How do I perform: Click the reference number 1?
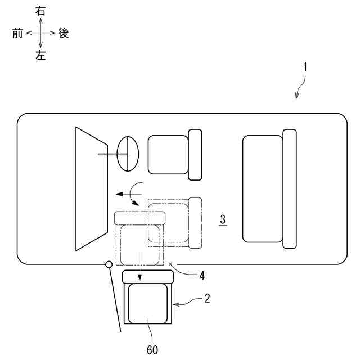(304, 66)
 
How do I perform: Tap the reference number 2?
(207, 299)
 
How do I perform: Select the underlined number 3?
(223, 219)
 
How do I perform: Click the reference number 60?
(152, 350)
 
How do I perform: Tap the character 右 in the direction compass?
(40, 11)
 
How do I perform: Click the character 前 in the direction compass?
(17, 33)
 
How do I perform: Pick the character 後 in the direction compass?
(63, 33)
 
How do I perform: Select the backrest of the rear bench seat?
(289, 188)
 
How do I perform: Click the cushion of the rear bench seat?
(262, 188)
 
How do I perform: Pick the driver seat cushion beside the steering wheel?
(167, 154)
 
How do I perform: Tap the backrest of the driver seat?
(195, 154)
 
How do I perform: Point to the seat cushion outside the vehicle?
(148, 304)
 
